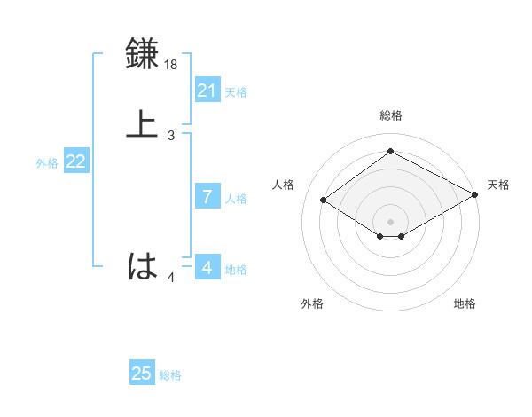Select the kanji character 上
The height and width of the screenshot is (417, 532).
pyautogui.click(x=143, y=123)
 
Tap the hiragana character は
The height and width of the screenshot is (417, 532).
pyautogui.click(x=143, y=265)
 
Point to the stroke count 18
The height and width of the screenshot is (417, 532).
pyautogui.click(x=172, y=65)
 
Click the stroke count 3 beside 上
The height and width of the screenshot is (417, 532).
pyautogui.click(x=171, y=136)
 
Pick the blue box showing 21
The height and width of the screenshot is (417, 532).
pyautogui.click(x=207, y=90)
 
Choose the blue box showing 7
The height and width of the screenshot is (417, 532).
pyautogui.click(x=207, y=197)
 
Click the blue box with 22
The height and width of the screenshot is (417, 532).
pyautogui.click(x=76, y=161)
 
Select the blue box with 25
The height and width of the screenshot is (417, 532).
pyautogui.click(x=142, y=374)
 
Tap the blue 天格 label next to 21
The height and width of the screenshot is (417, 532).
pyautogui.click(x=236, y=91)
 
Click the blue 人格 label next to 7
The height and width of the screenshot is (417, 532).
pyautogui.click(x=236, y=198)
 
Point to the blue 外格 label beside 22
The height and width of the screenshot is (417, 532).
pyautogui.click(x=47, y=162)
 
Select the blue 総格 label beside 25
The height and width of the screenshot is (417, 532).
pyautogui.click(x=170, y=374)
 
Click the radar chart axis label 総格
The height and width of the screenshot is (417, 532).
pyautogui.click(x=390, y=116)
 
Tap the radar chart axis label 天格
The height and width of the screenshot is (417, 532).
pyautogui.click(x=498, y=185)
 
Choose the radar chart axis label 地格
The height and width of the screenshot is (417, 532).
pyautogui.click(x=465, y=304)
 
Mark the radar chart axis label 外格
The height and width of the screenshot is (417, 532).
pyautogui.click(x=312, y=304)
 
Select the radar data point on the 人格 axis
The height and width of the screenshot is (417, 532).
pyautogui.click(x=324, y=201)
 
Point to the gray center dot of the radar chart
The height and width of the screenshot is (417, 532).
pyautogui.click(x=390, y=221)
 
